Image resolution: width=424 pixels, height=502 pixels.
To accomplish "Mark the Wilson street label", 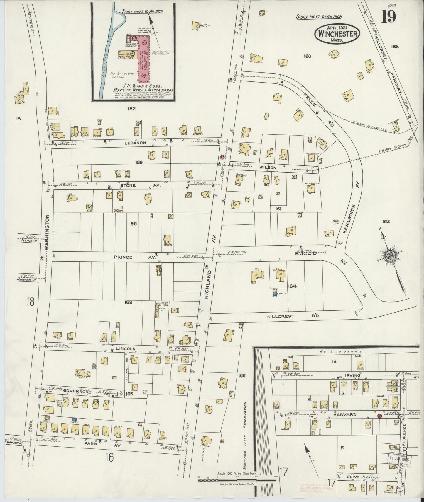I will pyautogui.click(x=267, y=168).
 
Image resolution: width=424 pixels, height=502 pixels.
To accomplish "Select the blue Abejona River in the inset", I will pyautogui.click(x=108, y=53).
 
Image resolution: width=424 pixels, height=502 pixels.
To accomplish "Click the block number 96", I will pyautogui.click(x=134, y=223).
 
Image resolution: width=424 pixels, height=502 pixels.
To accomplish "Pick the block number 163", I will pyautogui.click(x=128, y=302).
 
